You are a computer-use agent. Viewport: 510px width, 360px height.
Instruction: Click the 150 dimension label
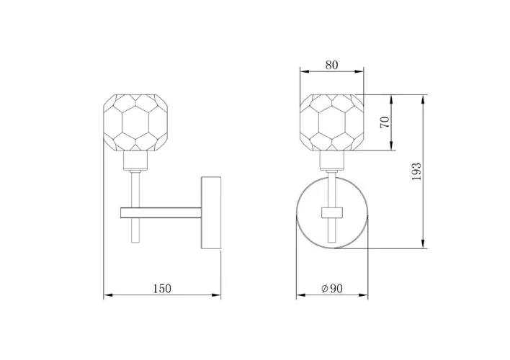coord(162,289)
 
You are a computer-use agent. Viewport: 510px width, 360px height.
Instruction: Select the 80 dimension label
coord(332,65)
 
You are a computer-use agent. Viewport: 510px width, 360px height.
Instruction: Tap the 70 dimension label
coord(385,122)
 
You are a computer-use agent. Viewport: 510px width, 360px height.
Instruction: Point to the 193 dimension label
coord(416,171)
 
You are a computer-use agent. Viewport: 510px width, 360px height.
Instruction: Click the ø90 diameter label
coord(332,289)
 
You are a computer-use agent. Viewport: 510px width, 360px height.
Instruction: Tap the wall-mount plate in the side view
coord(211,212)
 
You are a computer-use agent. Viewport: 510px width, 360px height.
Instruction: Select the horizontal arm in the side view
coord(161,212)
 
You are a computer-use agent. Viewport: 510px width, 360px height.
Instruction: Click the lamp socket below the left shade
coord(135,161)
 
